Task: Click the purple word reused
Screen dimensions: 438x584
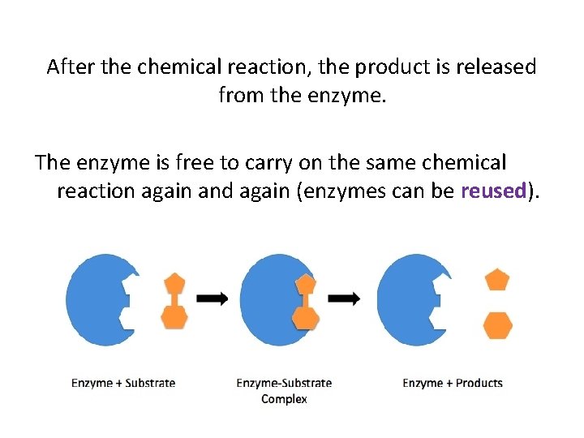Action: click(x=493, y=191)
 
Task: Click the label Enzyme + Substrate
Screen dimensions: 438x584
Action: click(x=123, y=383)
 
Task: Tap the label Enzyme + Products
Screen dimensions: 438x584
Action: click(x=453, y=383)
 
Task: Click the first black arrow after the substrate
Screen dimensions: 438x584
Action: click(x=213, y=299)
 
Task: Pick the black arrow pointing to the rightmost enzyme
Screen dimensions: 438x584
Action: click(x=345, y=299)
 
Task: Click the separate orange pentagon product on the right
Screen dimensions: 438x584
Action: click(x=497, y=280)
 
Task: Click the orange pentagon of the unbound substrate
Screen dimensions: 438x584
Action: click(x=174, y=283)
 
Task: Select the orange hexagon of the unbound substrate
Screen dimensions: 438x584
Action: click(x=174, y=316)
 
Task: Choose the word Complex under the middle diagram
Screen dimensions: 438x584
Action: click(x=284, y=399)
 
